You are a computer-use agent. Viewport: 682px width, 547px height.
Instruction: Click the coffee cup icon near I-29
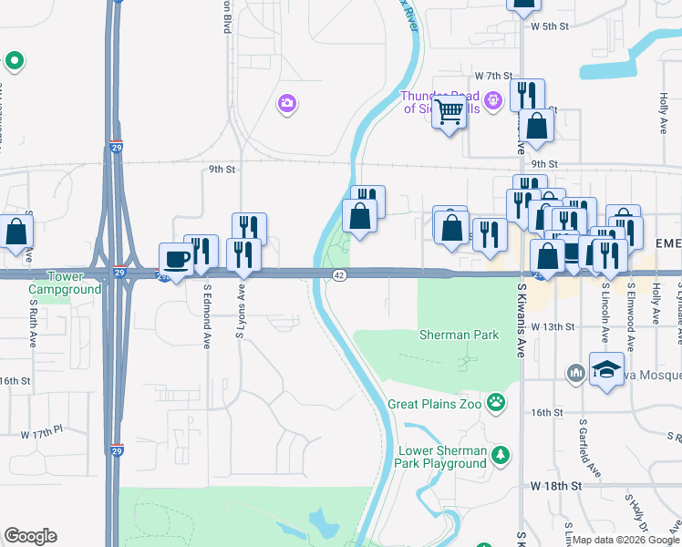pyautogui.click(x=177, y=259)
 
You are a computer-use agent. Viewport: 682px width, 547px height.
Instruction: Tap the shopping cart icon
pyautogui.click(x=449, y=113)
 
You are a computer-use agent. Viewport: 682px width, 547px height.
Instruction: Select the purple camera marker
pyautogui.click(x=287, y=104)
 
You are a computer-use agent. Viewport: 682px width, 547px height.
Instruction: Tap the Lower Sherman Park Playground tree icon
pyautogui.click(x=500, y=455)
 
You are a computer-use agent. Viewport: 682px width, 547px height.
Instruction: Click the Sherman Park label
pyautogui.click(x=459, y=335)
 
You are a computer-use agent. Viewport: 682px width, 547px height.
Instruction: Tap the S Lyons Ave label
pyautogui.click(x=242, y=310)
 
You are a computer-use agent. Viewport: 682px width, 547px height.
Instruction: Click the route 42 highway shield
pyautogui.click(x=338, y=275)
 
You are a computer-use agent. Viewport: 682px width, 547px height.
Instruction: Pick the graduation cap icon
pyautogui.click(x=605, y=371)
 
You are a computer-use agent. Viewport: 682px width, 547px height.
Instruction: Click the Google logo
pyautogui.click(x=30, y=536)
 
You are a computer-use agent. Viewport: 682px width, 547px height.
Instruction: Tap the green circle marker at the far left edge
pyautogui.click(x=14, y=62)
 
